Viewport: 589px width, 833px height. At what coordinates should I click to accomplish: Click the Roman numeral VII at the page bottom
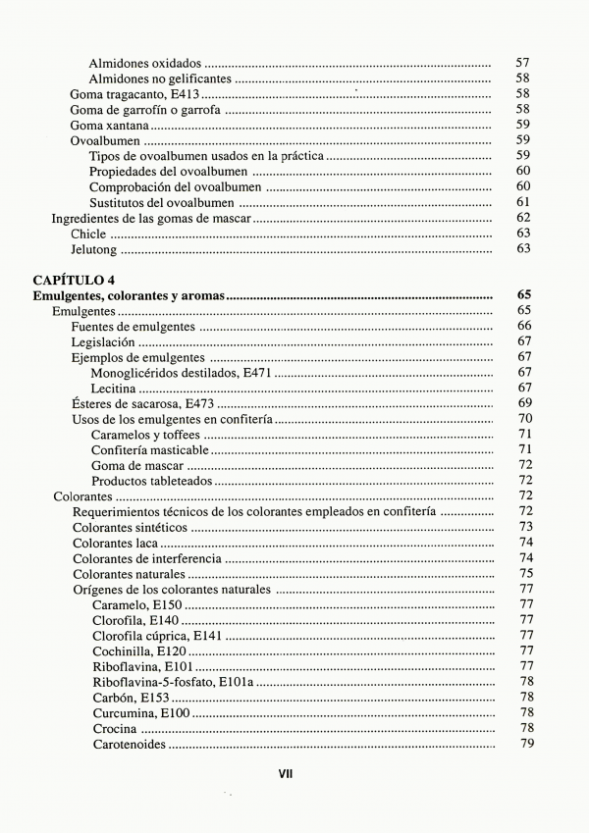286,773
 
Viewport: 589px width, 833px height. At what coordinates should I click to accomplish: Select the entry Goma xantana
108,125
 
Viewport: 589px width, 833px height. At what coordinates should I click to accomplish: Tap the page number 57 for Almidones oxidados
522,63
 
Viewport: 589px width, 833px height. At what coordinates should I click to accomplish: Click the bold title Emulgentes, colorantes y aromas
129,294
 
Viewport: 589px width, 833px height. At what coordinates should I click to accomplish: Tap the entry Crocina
115,729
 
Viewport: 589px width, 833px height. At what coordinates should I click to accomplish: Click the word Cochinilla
122,651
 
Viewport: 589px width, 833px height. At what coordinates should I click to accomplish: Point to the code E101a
236,682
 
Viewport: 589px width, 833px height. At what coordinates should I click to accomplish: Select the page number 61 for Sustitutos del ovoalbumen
522,202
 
